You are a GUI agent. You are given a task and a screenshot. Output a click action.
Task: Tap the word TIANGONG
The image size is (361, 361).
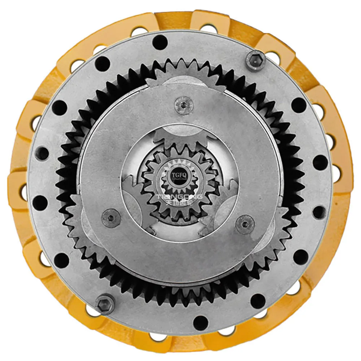click(x=179, y=197)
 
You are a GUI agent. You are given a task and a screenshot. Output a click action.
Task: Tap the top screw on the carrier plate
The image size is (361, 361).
click(x=183, y=105)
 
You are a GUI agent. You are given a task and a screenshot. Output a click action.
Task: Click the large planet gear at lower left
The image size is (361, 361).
click(x=78, y=224)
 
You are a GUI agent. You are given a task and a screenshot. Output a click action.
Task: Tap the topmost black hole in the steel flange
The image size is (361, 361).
click(x=160, y=42)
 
